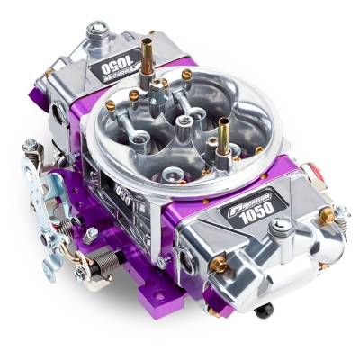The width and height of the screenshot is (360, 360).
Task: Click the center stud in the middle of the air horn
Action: [x=185, y=120]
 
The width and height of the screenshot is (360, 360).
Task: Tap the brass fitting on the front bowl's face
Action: [x=220, y=264]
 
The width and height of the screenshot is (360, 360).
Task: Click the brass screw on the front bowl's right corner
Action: [x=326, y=214]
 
